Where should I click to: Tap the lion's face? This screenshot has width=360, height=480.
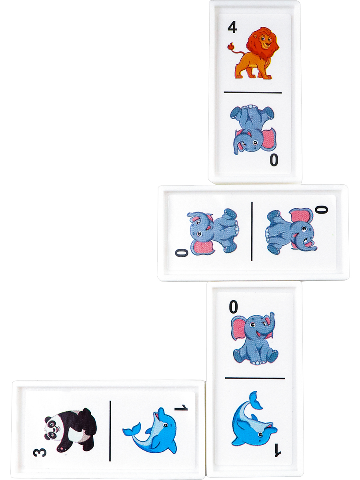(265, 41)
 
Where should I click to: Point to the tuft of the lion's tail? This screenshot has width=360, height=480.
(230, 46)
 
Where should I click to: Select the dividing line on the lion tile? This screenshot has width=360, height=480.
(253, 92)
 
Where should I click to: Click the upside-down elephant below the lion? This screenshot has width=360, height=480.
(253, 130)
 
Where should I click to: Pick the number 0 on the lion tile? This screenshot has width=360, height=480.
(274, 160)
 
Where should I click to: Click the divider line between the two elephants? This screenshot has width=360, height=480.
(252, 231)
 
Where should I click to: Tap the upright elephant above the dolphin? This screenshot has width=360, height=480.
(255, 339)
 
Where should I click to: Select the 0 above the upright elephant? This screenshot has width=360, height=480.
(233, 306)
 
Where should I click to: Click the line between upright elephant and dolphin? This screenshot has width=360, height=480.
(255, 378)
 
